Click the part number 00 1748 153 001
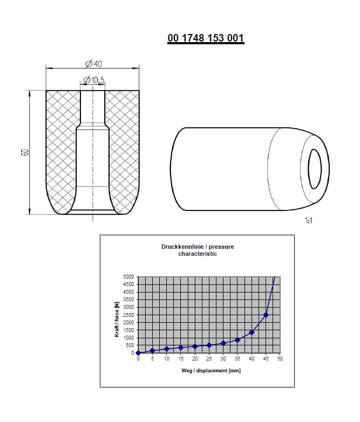[206, 38]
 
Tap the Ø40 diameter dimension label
[94, 64]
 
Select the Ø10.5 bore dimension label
[93, 80]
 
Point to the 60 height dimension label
[25, 152]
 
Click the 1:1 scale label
[309, 221]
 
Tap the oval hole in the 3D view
[315, 169]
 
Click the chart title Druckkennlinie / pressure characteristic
[198, 250]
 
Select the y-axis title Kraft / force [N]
[117, 319]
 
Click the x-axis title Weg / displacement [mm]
[211, 371]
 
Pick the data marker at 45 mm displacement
[266, 315]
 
